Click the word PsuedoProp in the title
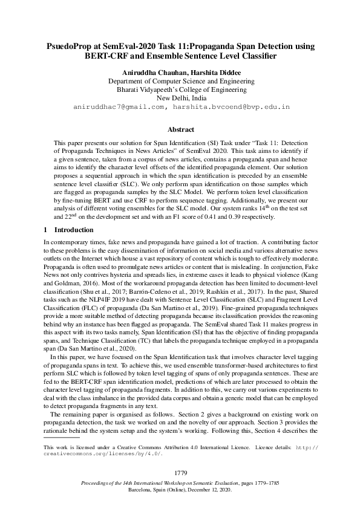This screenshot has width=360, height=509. pyautogui.click(x=71, y=46)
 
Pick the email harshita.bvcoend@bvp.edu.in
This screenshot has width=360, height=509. pyautogui.click(x=232, y=106)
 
